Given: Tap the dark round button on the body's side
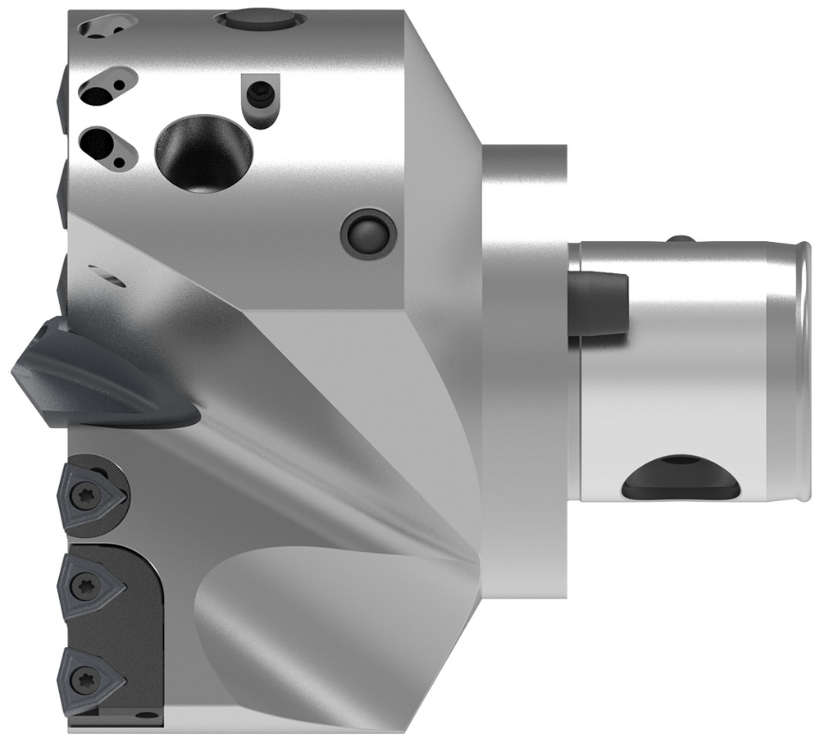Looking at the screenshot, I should pos(367,235).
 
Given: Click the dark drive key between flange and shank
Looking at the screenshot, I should pos(599,304).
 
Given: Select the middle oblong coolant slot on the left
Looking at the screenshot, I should pos(106,85).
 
